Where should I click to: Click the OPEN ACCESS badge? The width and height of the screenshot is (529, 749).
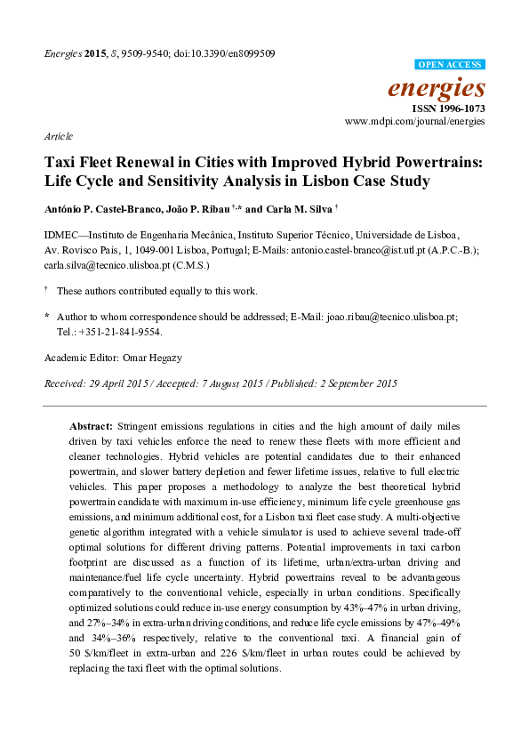[x=450, y=65]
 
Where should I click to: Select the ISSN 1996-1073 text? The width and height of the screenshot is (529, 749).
[x=450, y=107]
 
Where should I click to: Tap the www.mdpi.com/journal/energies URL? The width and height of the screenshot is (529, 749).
[x=415, y=120]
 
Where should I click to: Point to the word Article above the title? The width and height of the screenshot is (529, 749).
[x=58, y=137]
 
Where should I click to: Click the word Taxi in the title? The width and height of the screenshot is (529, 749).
[x=61, y=164]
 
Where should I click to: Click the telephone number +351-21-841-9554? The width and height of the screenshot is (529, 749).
[x=130, y=331]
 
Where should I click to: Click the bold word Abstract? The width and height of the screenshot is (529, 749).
[x=91, y=427]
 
